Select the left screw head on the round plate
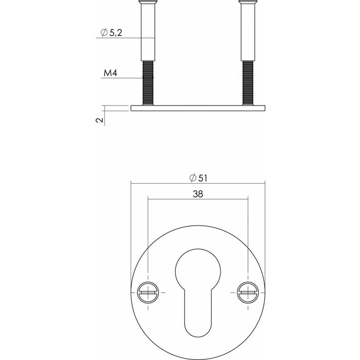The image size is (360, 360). (148, 292)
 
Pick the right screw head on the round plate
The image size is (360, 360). (247, 292)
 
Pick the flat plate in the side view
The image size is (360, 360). (198, 109)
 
